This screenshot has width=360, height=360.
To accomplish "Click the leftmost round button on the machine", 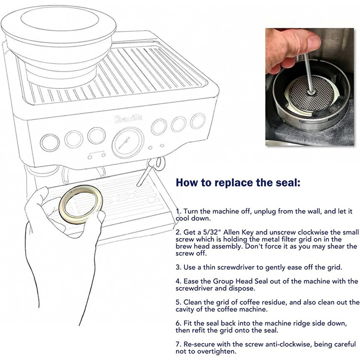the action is point(47,143).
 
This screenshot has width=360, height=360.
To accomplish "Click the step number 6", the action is point(178,324).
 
